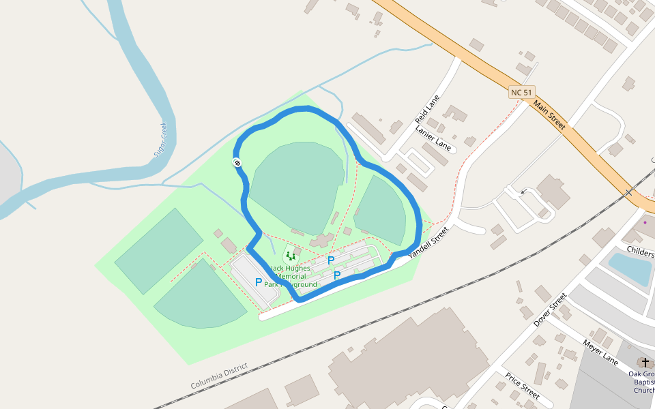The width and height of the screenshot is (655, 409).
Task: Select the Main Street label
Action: pos(549,116)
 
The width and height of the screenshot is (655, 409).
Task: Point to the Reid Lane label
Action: pos(427,110)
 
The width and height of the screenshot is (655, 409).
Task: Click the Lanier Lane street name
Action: pos(434,137)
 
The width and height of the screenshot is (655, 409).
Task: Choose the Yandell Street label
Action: pos(431,242)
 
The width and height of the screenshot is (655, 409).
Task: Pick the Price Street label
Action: pos(523,386)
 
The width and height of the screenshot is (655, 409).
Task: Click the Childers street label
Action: pos(639,253)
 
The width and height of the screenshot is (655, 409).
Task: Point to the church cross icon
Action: pos(645,363)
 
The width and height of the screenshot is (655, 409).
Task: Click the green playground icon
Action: pos(291,256)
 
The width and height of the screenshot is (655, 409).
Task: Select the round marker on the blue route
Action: pos(237,162)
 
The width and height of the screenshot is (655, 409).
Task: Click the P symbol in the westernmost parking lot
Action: pos(259,282)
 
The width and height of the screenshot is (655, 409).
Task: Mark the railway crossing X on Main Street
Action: pos(628,193)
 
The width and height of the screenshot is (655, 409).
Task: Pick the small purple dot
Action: pos(645,222)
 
